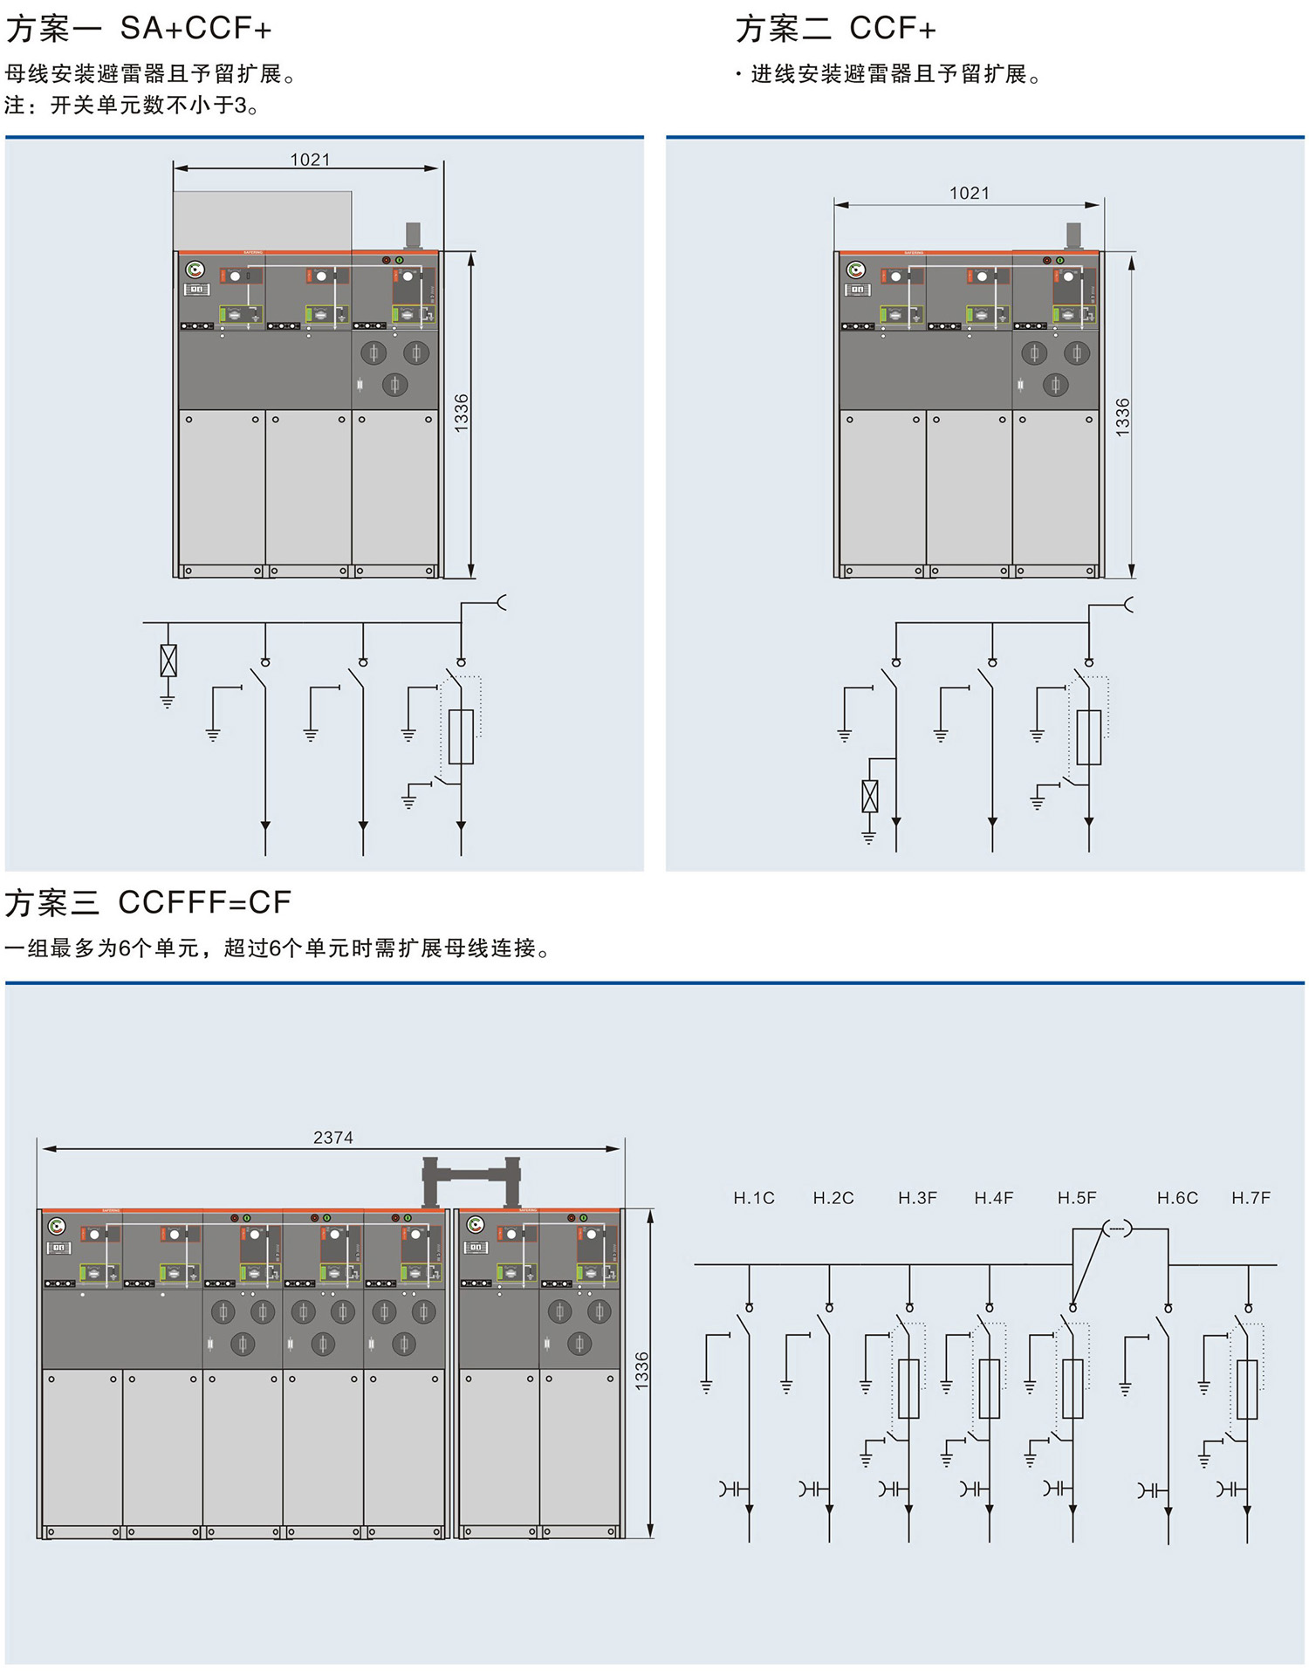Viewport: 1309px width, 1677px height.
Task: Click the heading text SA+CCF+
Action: (x=195, y=29)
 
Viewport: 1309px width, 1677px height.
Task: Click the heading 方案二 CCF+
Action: (x=835, y=29)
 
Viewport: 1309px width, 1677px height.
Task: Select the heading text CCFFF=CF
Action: (x=204, y=902)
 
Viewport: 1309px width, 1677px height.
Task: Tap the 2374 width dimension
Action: (x=332, y=1138)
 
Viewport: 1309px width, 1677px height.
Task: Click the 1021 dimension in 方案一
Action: (x=310, y=160)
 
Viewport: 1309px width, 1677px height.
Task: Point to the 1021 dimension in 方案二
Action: (x=969, y=193)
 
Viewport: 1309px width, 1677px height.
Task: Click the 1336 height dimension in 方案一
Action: (x=462, y=413)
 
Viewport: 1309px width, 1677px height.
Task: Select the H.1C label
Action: (x=753, y=1198)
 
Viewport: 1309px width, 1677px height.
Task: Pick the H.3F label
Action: (x=917, y=1198)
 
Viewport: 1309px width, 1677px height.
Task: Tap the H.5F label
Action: (x=1076, y=1198)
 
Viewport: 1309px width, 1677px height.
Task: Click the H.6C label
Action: (x=1176, y=1198)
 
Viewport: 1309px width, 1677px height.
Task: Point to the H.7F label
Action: (x=1251, y=1198)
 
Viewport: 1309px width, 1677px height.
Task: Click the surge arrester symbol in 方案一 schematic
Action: (x=168, y=661)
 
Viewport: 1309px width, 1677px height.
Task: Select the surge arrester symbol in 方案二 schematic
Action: (x=869, y=796)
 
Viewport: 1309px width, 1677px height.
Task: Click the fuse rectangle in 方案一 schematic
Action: (x=461, y=737)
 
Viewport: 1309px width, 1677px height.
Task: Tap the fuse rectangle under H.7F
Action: (x=1247, y=1389)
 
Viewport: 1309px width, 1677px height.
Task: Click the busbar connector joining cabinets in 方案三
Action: (x=471, y=1174)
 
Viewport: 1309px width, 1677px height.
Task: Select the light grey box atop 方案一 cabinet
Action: (x=262, y=220)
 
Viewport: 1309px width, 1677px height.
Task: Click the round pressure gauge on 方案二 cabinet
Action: (x=856, y=270)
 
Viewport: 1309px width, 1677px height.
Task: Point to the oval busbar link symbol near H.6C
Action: (x=1117, y=1229)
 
